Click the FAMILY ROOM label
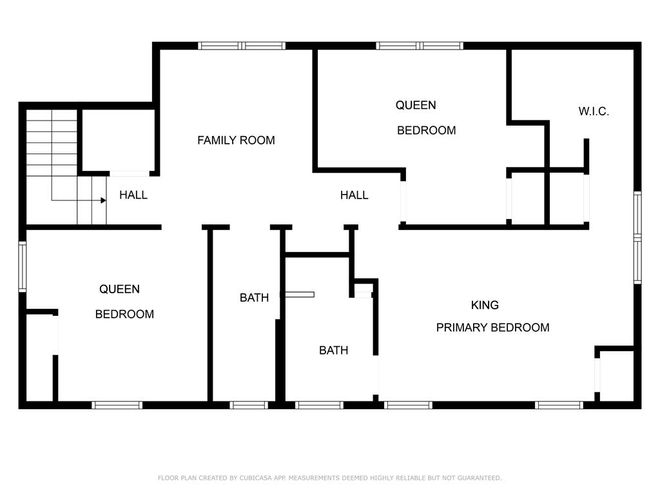[236, 140]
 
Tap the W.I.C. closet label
[594, 112]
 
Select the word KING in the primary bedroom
[485, 305]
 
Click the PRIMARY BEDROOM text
[492, 327]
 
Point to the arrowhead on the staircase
[103, 200]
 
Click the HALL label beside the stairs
[133, 195]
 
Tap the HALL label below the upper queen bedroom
[354, 195]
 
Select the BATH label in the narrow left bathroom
[254, 298]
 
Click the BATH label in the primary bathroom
[334, 351]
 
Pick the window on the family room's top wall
[242, 46]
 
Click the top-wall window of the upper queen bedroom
[420, 46]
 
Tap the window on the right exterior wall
[637, 238]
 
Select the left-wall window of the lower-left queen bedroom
[22, 266]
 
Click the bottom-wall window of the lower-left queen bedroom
[117, 405]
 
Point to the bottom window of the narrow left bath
[249, 405]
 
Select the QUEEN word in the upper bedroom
[416, 105]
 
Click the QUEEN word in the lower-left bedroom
[119, 289]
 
